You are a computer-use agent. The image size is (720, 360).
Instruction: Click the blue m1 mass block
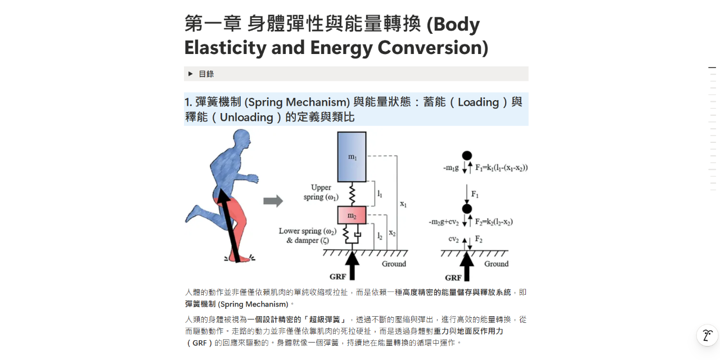(x=352, y=156)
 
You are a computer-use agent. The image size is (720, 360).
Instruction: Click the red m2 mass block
(x=352, y=215)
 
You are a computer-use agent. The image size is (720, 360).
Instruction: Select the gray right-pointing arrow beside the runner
(x=273, y=201)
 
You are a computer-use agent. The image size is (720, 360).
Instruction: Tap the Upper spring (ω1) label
(x=321, y=192)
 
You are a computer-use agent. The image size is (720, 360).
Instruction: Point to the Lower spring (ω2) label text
(x=307, y=231)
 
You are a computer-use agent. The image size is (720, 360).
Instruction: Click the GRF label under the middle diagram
(x=337, y=277)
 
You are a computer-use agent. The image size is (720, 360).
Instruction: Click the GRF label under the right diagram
(x=453, y=277)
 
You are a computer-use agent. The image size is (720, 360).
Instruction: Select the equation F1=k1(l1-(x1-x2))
(x=501, y=168)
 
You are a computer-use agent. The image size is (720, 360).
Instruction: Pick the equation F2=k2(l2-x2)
(x=494, y=222)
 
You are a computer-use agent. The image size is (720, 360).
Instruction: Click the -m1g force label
(x=451, y=168)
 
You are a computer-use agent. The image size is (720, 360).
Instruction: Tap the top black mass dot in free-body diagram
(x=467, y=156)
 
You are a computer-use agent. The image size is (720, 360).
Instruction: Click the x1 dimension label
(x=403, y=204)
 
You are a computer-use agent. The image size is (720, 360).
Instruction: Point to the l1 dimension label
(x=380, y=193)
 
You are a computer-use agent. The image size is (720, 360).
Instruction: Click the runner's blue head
(x=242, y=138)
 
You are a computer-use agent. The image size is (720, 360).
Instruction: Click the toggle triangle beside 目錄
(x=191, y=74)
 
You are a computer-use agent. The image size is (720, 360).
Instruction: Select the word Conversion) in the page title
(x=433, y=47)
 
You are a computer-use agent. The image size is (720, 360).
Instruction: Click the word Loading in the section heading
(x=478, y=102)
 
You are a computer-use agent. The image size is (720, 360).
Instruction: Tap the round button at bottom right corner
(x=707, y=335)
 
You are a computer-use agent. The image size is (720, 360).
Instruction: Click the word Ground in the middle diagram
(x=394, y=264)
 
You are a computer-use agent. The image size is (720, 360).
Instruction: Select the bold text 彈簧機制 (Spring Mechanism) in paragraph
(x=236, y=304)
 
